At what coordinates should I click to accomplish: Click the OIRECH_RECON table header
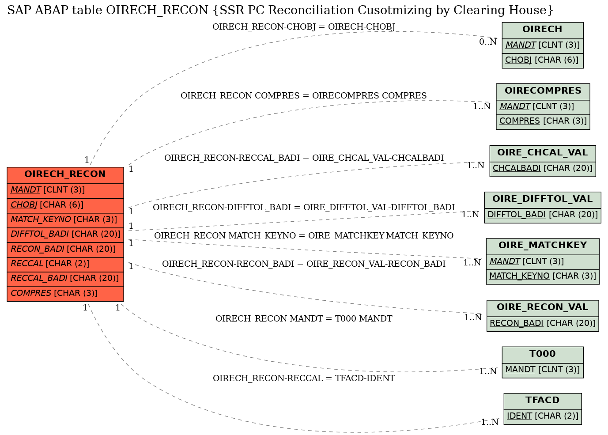pos(65,175)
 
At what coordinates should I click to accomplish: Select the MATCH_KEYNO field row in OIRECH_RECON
pos(65,220)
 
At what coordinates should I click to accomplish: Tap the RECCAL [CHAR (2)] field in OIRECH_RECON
pos(65,265)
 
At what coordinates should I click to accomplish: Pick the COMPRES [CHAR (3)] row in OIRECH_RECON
pos(65,294)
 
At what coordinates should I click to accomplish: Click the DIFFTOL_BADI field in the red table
pos(65,235)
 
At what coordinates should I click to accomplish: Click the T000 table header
pos(543,355)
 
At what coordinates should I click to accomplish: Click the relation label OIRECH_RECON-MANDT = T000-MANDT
pos(304,319)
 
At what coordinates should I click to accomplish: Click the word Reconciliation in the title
pos(311,10)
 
